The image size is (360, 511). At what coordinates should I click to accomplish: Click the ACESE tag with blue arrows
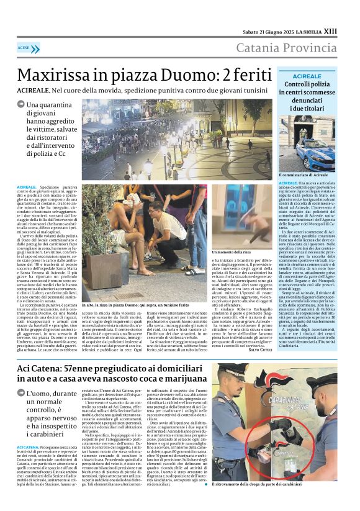[x=28, y=47]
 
